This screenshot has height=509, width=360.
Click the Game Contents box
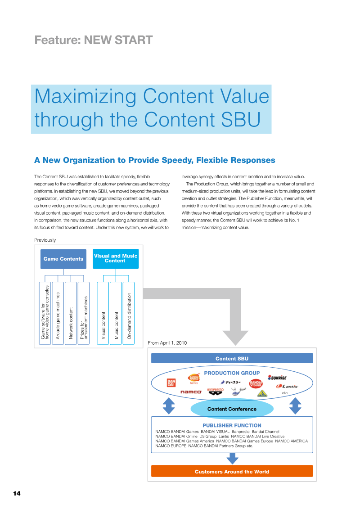coord(63,259)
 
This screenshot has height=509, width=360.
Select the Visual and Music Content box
coord(116,259)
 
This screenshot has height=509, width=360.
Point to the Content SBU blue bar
coord(232,358)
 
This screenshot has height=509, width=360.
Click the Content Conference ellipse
coord(232,409)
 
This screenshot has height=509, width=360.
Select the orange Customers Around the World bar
coord(232,471)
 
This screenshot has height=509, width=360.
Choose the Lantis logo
coord(287,386)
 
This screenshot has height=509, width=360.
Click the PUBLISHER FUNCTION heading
coord(232,425)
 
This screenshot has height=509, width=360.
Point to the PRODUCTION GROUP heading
coord(232,373)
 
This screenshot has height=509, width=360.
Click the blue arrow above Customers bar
coord(232,458)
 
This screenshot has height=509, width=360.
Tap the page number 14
coord(17,493)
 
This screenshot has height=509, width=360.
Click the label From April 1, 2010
coord(167,343)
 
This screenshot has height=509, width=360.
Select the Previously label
coord(45,240)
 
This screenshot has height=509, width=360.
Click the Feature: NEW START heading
coord(94,40)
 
